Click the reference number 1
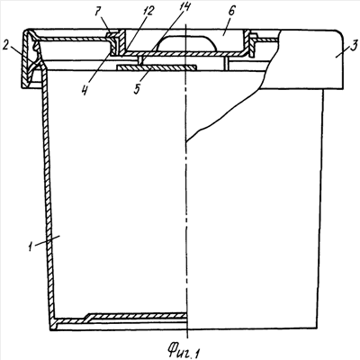(x=30, y=247)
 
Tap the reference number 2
(x=5, y=46)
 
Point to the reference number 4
(x=86, y=89)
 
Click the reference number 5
(x=139, y=89)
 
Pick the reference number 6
(x=232, y=12)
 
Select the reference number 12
(x=148, y=12)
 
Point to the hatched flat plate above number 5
(x=156, y=67)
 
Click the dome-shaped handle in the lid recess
(x=186, y=42)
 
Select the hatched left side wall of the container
(x=48, y=195)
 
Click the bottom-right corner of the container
(x=317, y=328)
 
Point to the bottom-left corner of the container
(x=50, y=329)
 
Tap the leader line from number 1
(x=47, y=241)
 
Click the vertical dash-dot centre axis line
(x=186, y=180)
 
